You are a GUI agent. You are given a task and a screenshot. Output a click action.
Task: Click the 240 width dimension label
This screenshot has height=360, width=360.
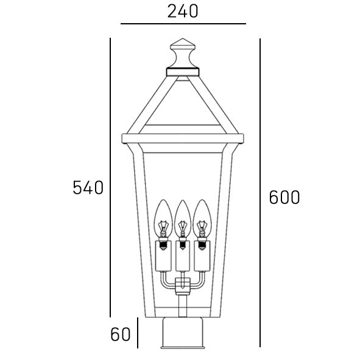[182, 11]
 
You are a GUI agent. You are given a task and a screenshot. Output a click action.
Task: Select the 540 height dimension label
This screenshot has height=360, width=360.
[88, 188]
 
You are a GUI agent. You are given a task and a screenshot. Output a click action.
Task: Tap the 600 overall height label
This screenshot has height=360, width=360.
[284, 197]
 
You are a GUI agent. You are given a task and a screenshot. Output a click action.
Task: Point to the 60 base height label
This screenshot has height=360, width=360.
[121, 334]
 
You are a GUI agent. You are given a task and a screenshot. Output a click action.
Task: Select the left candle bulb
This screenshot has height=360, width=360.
[163, 218]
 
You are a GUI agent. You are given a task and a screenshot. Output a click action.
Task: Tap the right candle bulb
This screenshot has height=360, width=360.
[201, 218]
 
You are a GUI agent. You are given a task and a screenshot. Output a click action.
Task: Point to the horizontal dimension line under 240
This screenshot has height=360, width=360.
[182, 24]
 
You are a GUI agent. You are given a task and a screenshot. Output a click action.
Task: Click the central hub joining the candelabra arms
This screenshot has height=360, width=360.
[182, 286]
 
